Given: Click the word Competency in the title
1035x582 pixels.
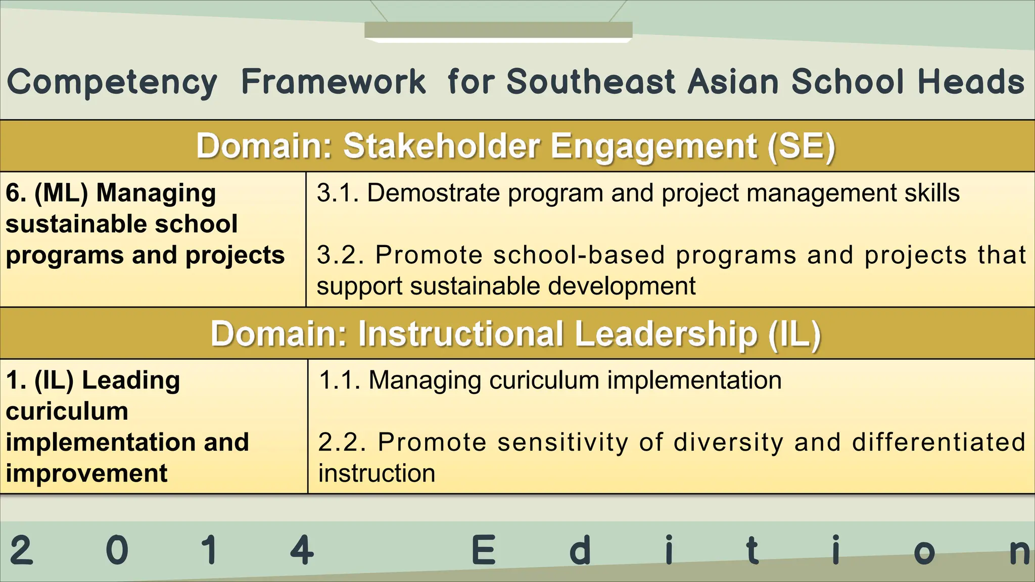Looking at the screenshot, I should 112,83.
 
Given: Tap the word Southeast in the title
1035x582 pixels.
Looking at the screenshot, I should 591,82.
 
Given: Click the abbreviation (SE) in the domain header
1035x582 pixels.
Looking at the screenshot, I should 801,147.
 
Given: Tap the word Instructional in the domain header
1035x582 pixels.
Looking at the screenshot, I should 460,334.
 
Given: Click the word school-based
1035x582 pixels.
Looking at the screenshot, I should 579,255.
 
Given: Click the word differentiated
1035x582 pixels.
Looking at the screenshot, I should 938,442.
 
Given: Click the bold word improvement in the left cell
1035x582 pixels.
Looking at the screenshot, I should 86,473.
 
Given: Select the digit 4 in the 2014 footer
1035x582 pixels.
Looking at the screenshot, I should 302,551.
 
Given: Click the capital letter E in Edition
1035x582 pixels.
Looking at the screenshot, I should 483,551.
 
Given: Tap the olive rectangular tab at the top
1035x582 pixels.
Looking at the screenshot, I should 498,30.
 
